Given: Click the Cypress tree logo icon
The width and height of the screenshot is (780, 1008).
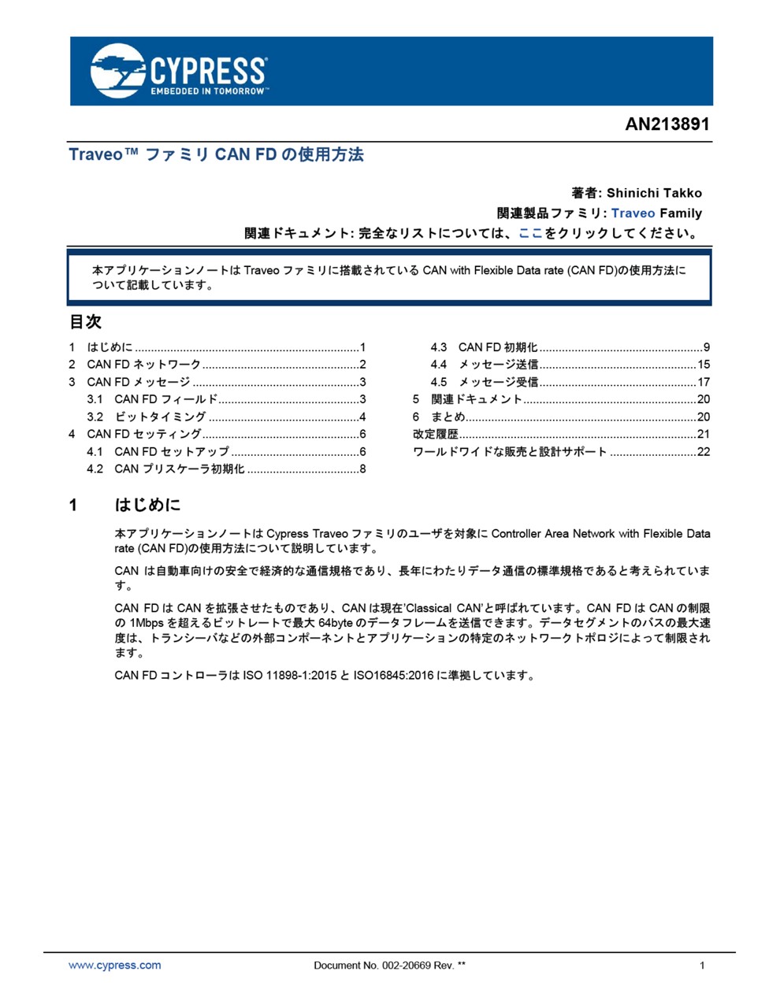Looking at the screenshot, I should [119, 70].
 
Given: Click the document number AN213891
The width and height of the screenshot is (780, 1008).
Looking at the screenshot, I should [667, 124].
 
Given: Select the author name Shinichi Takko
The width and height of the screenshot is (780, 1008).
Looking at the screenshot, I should [654, 193].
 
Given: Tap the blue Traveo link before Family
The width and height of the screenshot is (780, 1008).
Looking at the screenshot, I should [633, 213].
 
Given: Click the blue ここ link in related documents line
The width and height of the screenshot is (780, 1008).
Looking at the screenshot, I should [530, 233].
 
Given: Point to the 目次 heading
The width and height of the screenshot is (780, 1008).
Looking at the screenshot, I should [85, 321].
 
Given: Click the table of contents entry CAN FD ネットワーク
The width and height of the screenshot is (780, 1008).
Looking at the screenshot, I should [144, 365].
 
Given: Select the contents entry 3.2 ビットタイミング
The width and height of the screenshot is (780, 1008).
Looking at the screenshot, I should [160, 417].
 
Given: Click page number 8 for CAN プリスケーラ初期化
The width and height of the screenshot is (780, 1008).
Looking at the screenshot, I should [362, 469].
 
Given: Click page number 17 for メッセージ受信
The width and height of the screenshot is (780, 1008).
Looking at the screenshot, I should [704, 382].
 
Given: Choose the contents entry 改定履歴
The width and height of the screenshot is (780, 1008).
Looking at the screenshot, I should [436, 434].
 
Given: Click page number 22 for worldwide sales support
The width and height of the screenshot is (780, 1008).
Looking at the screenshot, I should [704, 452].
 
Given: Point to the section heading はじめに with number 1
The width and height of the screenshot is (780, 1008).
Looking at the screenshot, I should [147, 505].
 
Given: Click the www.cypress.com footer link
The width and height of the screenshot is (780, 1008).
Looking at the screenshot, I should [115, 965].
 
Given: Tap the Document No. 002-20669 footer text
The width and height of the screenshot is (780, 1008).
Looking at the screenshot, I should [389, 965].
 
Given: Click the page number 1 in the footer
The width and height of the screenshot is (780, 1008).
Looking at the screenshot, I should [702, 965].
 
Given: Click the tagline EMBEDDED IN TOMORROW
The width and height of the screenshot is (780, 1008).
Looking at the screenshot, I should [209, 91].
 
